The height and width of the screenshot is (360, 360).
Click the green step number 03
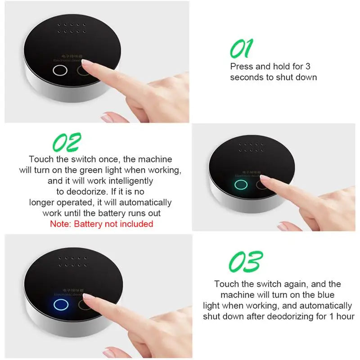245,261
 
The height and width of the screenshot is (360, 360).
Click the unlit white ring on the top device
59,71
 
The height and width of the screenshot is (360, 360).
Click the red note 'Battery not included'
101,224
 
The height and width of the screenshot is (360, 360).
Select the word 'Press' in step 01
241,67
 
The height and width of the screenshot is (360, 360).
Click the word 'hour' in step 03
344,316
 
